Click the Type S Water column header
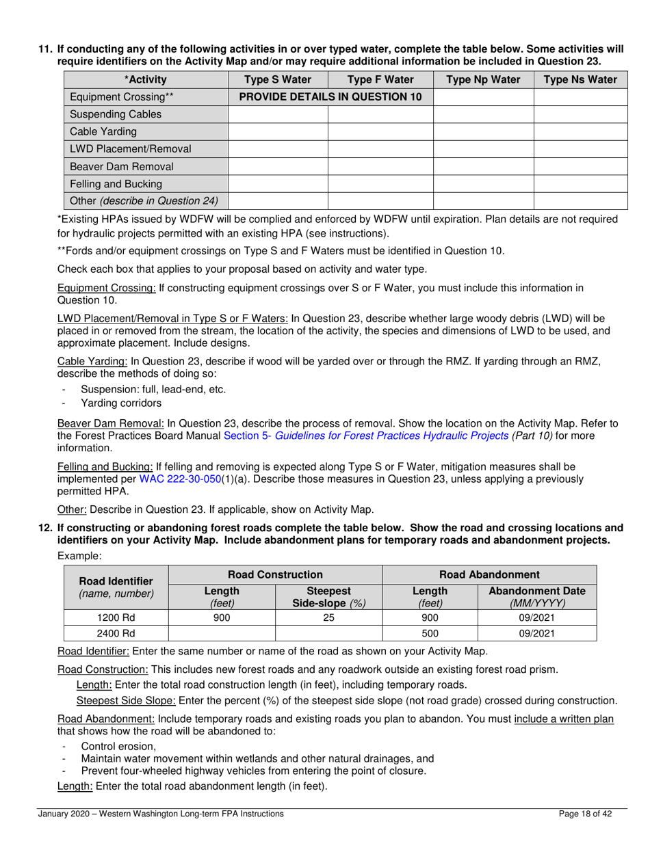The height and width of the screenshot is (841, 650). [278, 79]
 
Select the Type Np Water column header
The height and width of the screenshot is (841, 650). [483, 79]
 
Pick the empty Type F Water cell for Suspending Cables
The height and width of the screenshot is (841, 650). [380, 114]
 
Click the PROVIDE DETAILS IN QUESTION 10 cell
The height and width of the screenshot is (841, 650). [330, 97]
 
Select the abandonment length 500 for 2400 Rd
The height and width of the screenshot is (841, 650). [430, 634]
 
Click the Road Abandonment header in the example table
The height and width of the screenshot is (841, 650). [489, 575]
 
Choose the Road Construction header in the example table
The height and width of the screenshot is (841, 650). [275, 575]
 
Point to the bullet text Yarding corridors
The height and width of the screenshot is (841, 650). [121, 403]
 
